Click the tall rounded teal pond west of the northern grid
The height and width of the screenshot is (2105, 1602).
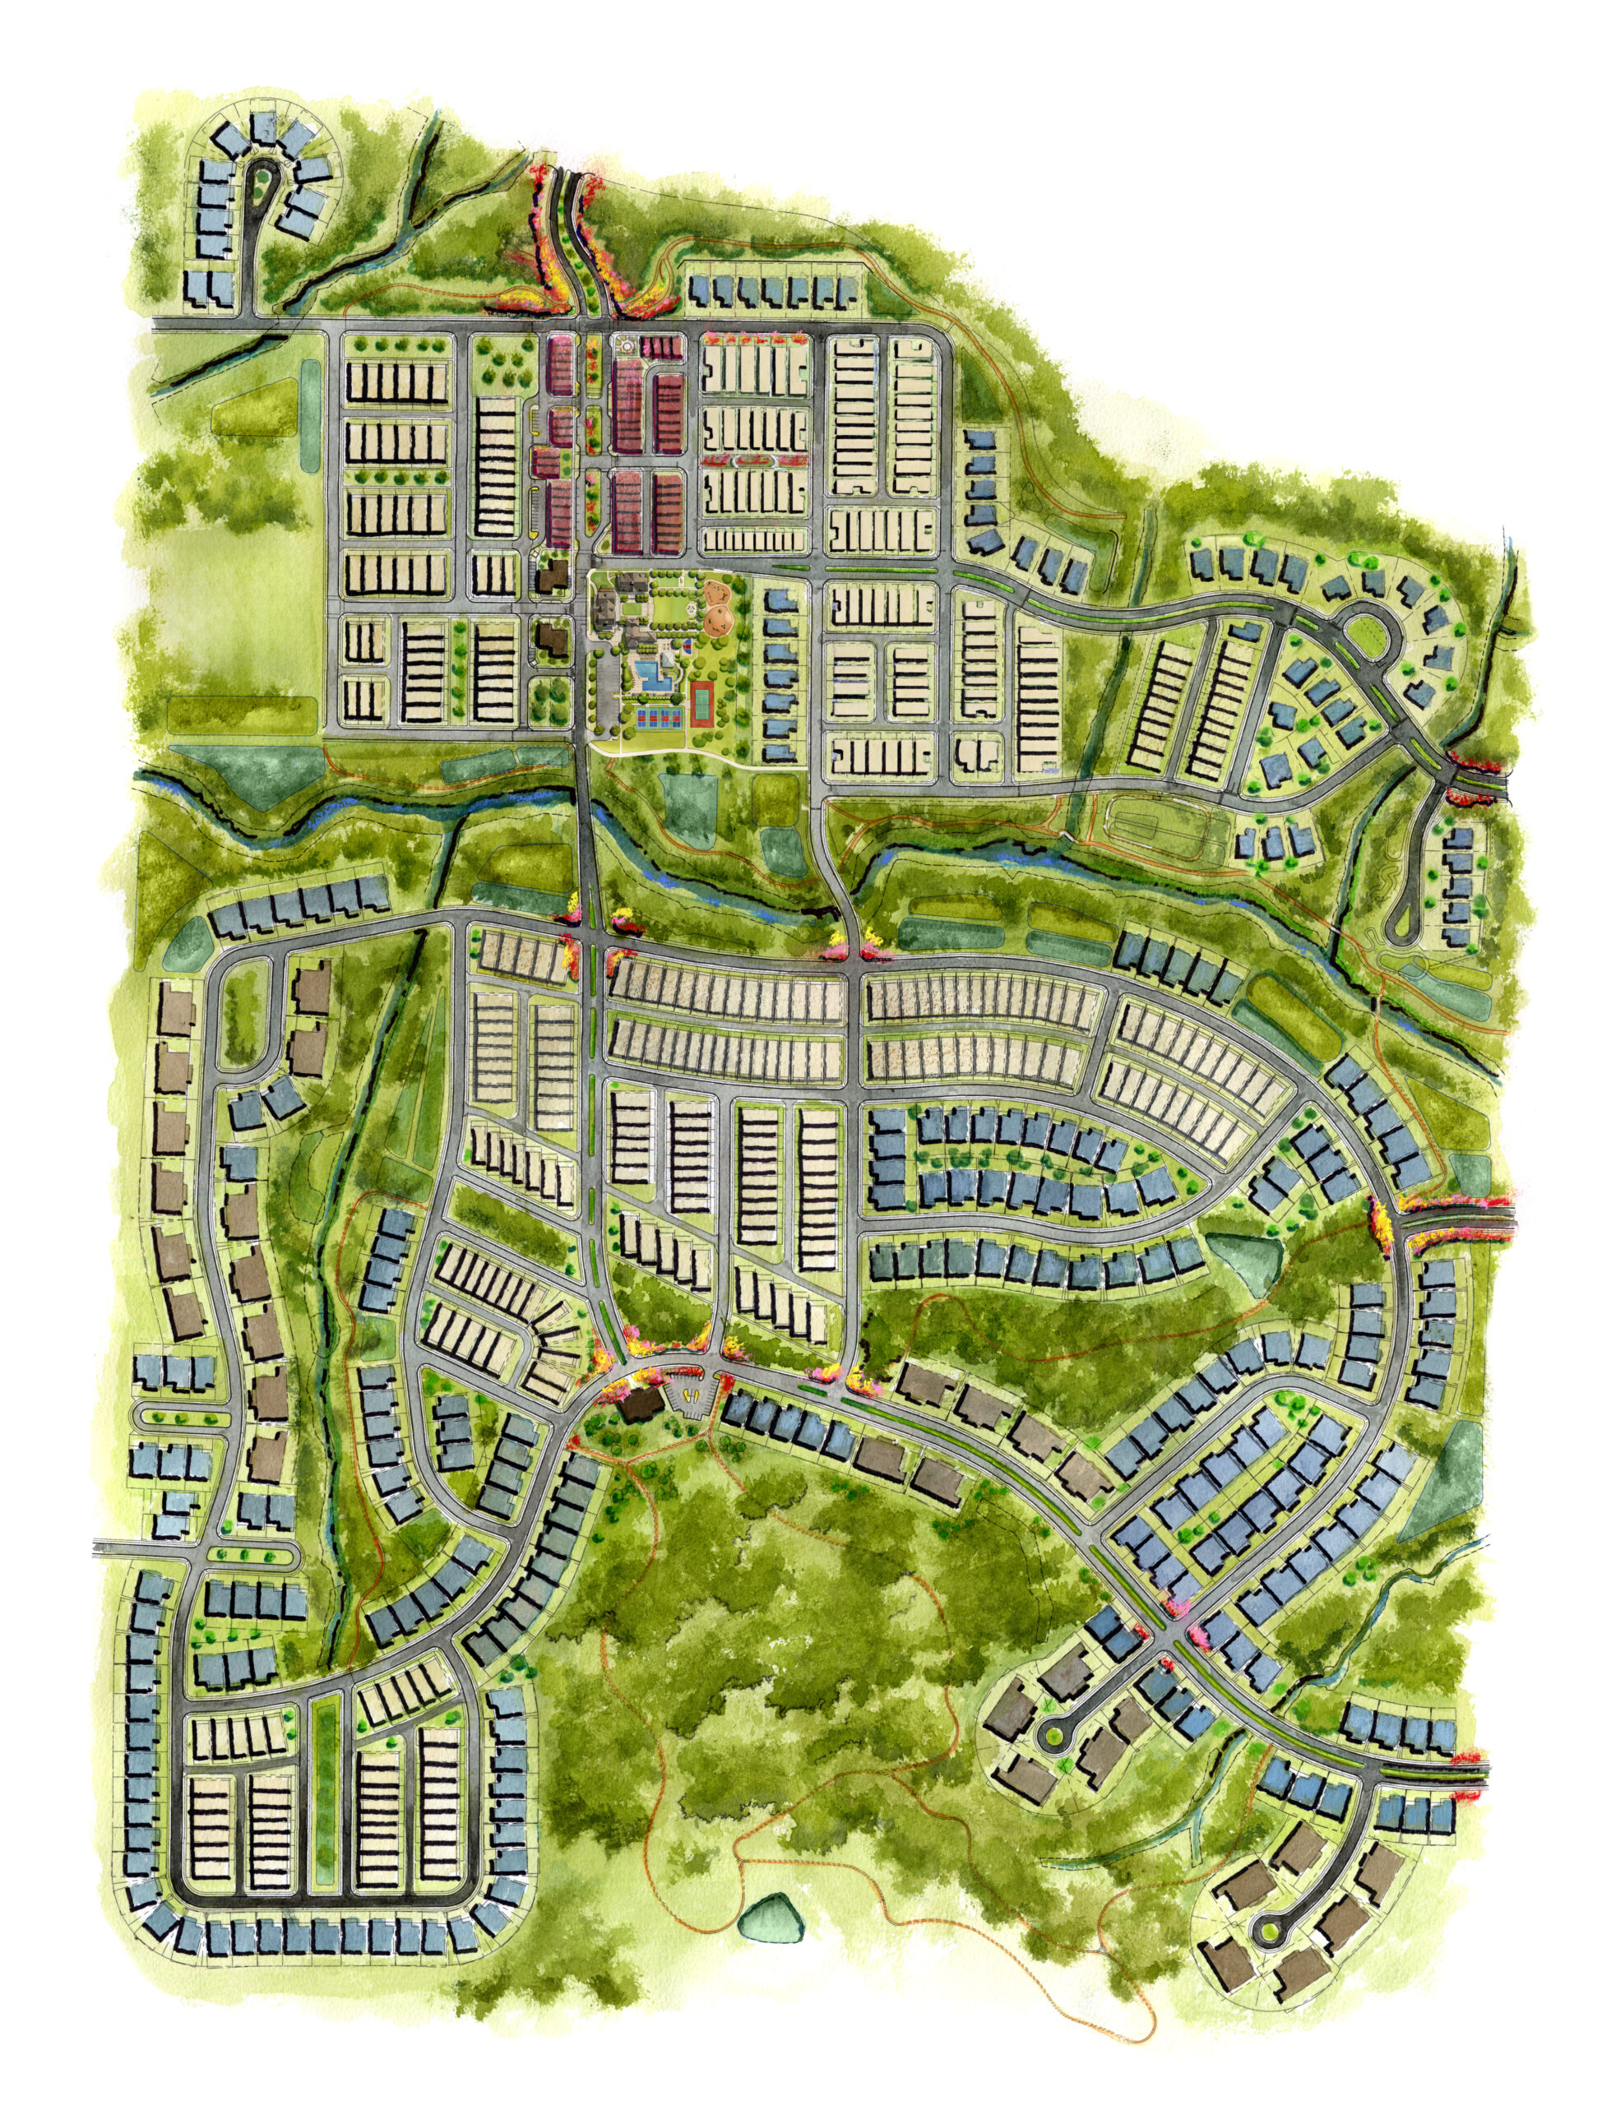312,414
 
